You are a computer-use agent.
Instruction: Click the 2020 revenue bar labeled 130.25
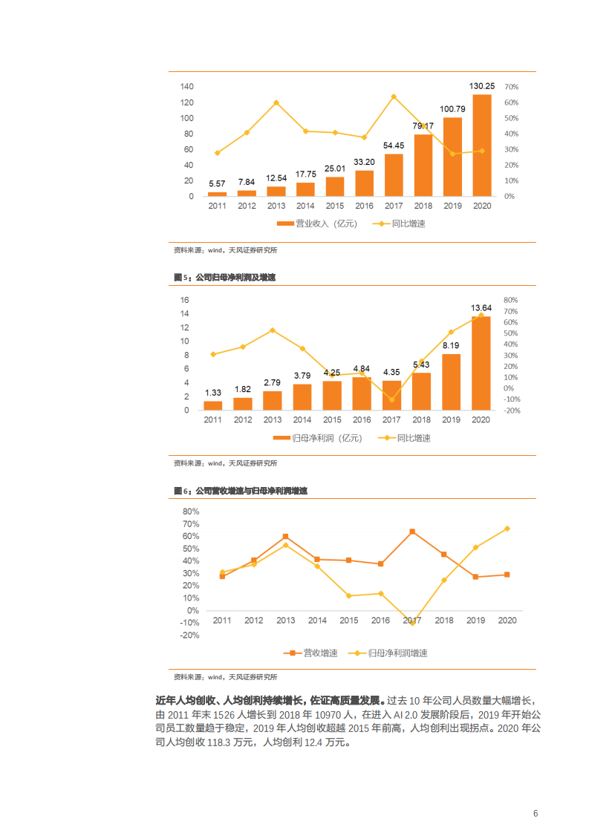(481, 146)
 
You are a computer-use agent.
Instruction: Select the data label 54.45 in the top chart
(394, 146)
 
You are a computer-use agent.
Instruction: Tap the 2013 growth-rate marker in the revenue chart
(276, 102)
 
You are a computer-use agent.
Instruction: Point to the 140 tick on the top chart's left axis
(186, 87)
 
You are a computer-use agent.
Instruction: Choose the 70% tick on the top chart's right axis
(511, 87)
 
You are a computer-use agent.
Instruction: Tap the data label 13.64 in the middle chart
(481, 307)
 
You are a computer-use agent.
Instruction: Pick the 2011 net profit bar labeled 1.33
(213, 405)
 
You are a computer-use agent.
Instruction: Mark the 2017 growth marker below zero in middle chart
(391, 400)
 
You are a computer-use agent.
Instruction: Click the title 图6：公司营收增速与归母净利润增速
(241, 491)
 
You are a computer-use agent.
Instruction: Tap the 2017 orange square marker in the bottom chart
(412, 532)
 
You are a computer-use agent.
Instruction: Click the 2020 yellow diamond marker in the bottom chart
(507, 529)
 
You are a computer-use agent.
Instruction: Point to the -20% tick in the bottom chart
(189, 636)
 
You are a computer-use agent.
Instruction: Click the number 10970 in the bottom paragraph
(322, 714)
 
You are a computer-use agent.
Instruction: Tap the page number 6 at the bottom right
(535, 813)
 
